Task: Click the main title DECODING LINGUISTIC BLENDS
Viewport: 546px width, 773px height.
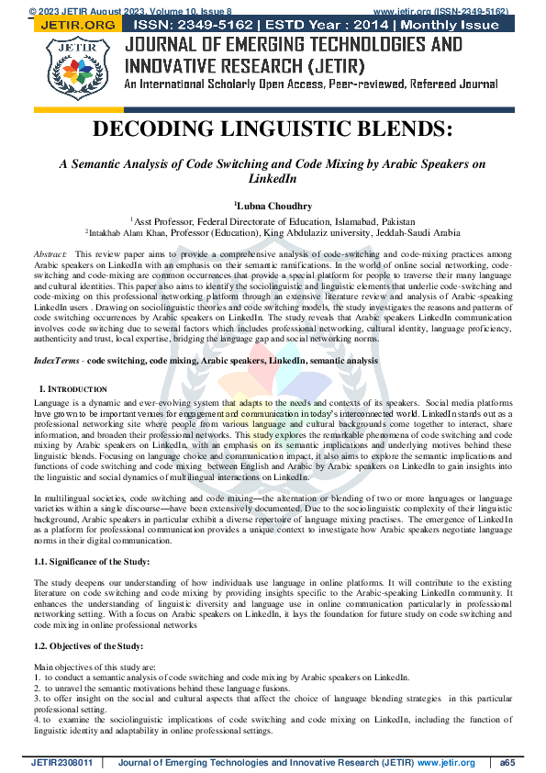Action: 273,130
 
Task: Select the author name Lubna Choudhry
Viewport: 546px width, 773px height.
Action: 273,207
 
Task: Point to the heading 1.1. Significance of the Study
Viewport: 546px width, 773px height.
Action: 92,561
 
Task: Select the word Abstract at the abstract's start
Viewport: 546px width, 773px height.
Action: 50,252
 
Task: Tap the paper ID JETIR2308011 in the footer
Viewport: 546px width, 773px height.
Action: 62,763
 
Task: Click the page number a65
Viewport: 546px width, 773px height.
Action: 507,763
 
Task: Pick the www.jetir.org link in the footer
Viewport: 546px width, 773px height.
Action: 446,763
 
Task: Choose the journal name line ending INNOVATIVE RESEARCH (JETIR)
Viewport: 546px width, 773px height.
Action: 243,66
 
